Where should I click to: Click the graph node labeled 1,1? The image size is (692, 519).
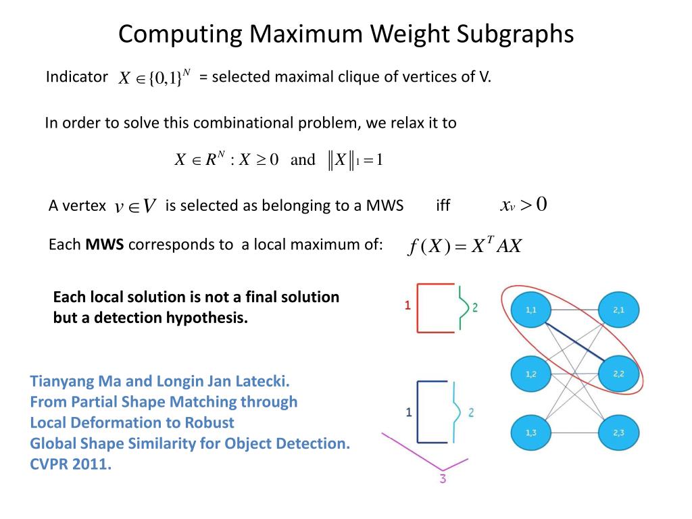[532, 310]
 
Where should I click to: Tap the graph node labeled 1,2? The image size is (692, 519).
[532, 374]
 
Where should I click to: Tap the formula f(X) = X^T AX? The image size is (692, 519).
[465, 246]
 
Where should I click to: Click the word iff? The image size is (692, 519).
[443, 206]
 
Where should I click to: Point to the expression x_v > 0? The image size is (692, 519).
[523, 205]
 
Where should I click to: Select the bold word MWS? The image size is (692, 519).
[105, 245]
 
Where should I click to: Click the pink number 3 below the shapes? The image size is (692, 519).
[443, 479]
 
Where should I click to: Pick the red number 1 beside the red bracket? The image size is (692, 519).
[407, 305]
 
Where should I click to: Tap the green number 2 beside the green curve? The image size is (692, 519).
[474, 307]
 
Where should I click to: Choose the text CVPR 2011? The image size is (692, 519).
[71, 465]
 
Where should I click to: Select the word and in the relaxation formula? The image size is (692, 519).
[303, 160]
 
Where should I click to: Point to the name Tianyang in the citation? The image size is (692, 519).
[61, 381]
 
